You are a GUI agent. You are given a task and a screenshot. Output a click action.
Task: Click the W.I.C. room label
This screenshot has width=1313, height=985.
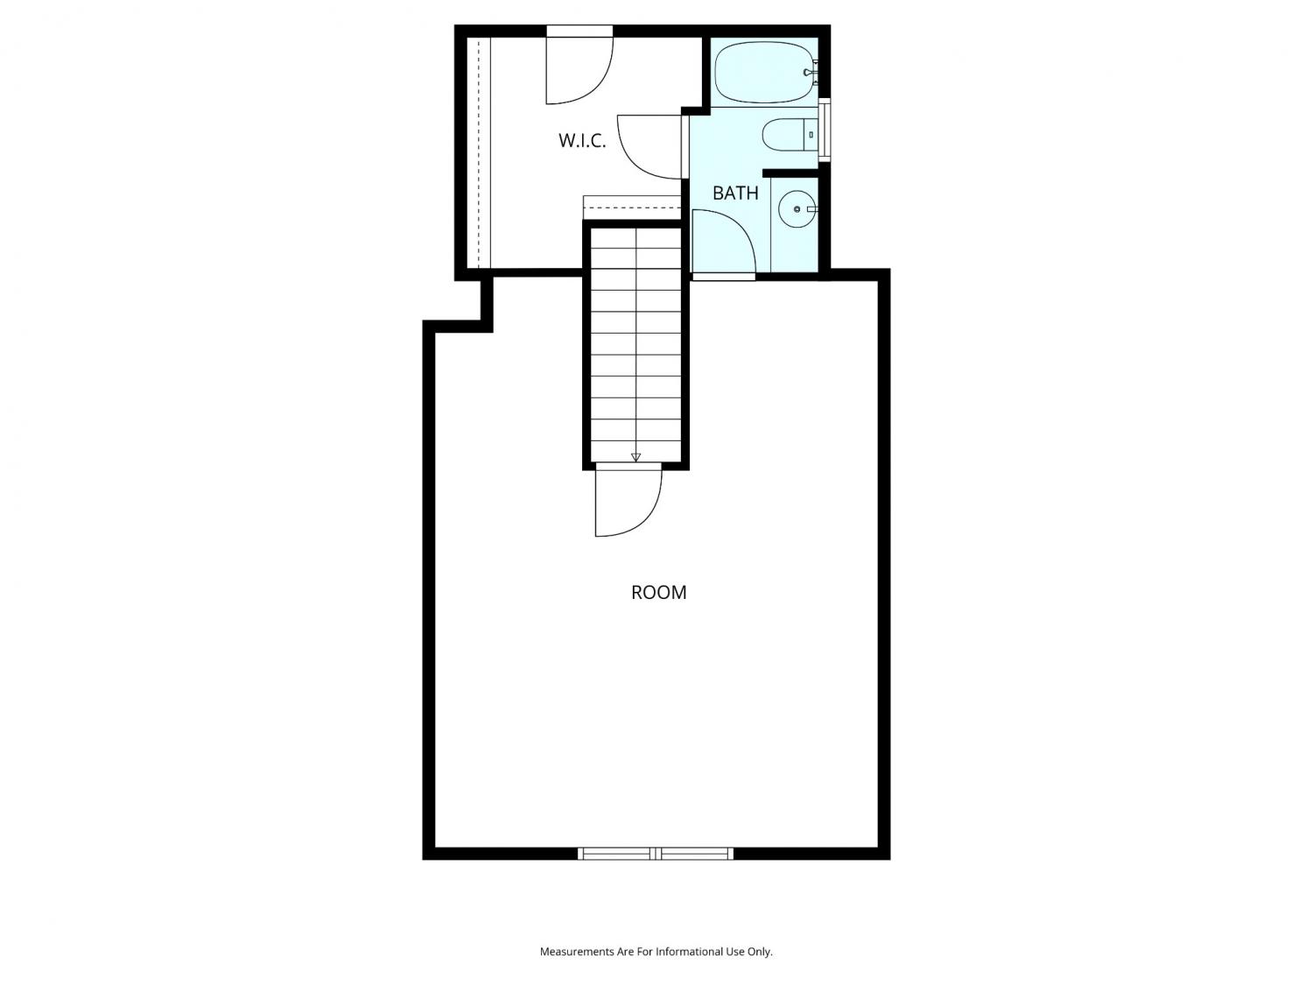[582, 141]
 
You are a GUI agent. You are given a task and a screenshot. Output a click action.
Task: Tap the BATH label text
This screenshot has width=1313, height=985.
[735, 193]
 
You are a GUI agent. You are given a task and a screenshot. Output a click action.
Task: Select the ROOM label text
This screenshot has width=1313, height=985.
[658, 592]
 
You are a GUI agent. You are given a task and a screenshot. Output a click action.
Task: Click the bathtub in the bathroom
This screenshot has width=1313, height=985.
[766, 72]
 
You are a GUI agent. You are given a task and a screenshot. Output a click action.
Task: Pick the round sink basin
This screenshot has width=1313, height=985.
[797, 209]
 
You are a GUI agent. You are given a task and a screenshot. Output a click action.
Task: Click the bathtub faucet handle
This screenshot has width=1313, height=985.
[811, 73]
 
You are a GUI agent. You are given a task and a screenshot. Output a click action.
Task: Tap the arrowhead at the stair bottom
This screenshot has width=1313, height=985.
[635, 458]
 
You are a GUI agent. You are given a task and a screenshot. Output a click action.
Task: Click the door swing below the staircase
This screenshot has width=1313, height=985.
[628, 501]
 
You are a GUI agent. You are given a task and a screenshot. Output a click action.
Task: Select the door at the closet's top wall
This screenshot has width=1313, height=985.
[579, 66]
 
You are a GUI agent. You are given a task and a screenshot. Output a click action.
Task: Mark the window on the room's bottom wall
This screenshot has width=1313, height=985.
[656, 854]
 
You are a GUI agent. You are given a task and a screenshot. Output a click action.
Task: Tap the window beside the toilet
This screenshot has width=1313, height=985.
[825, 130]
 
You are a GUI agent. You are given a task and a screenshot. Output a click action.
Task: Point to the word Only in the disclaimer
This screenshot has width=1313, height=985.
[760, 952]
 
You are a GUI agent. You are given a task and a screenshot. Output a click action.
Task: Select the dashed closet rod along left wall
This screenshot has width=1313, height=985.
[479, 152]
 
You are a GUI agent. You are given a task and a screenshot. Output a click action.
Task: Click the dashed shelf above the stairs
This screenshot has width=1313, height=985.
[632, 208]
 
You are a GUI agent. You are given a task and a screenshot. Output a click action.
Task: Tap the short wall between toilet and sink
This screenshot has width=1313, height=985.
[790, 173]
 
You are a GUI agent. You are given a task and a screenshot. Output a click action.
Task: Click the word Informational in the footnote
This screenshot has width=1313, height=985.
[687, 952]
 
